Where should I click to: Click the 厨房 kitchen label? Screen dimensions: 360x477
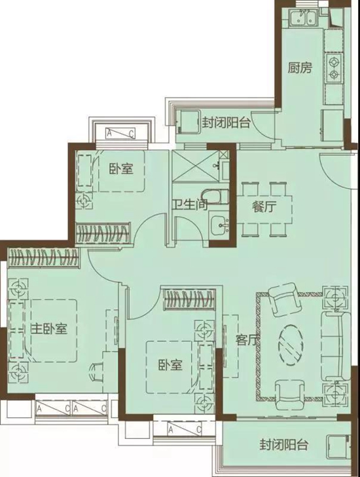300,67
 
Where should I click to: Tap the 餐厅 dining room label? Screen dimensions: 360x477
264,207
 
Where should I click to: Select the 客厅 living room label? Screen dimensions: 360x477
247,340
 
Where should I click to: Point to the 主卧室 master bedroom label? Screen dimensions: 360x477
49,329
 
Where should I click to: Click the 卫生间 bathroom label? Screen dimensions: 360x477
190,204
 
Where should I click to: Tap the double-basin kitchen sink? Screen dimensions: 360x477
303,17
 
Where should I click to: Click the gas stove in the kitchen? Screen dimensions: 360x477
334,68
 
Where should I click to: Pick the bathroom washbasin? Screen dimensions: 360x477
220,225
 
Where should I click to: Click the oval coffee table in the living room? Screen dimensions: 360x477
291,343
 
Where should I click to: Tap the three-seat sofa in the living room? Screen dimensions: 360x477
336,346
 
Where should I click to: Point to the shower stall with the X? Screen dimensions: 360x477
195,165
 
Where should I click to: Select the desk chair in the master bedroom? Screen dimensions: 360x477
96,372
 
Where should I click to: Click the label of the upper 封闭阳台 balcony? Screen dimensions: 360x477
226,123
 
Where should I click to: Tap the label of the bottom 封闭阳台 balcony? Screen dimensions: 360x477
284,444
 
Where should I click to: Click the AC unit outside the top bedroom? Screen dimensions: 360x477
120,133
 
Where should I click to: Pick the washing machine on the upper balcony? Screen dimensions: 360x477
189,122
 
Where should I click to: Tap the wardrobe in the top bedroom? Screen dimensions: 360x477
103,233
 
